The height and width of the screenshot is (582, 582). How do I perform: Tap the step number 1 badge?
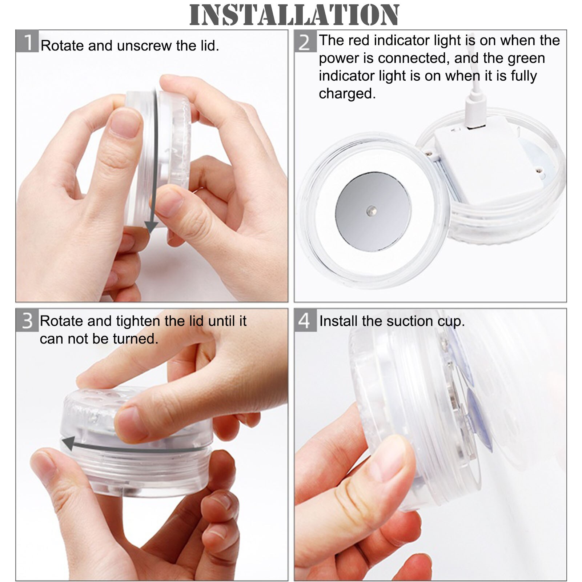pos(27,42)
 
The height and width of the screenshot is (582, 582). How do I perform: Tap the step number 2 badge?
pos(305,42)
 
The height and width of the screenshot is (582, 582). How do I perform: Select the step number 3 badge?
pos(27,321)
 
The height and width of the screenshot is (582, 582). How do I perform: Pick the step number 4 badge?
pos(305,321)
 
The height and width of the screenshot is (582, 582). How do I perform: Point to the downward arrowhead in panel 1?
pos(151,227)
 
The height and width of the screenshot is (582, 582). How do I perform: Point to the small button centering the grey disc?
pos(372,210)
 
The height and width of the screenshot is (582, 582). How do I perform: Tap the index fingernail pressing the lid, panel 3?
pos(129,424)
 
